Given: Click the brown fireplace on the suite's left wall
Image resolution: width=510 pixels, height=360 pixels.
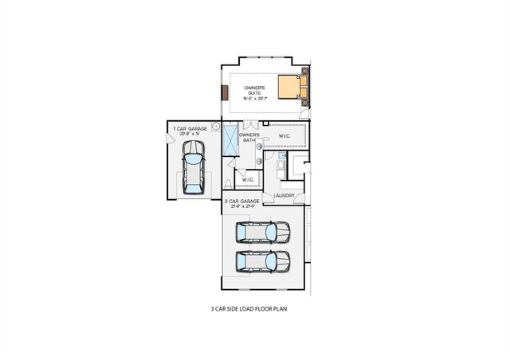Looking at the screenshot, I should (x=226, y=92).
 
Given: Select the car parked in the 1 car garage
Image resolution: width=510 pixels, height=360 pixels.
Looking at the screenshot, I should (x=193, y=169).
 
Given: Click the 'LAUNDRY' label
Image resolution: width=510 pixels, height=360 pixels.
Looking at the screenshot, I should (x=284, y=196).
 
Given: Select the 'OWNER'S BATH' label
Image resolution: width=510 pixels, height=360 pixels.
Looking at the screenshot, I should (x=250, y=138).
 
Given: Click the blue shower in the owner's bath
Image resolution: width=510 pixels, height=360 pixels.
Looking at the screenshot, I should (x=230, y=143).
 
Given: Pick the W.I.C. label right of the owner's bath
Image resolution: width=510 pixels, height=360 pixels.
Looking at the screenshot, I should (x=284, y=136).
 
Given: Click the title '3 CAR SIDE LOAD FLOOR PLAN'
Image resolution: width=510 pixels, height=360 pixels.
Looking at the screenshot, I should (x=248, y=307).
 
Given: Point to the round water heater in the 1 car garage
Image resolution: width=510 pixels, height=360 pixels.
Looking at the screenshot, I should (x=215, y=126).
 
